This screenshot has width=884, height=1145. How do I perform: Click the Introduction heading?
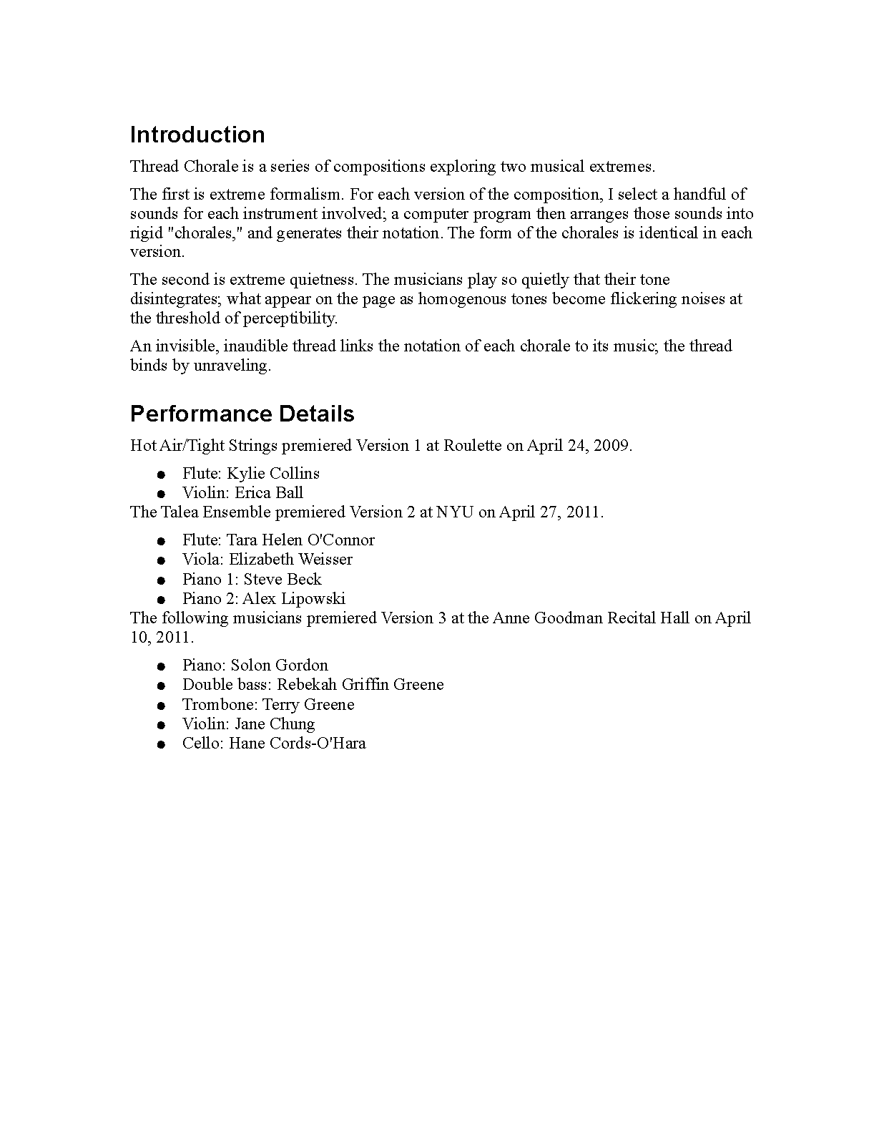(x=197, y=135)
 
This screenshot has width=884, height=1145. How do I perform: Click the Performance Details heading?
(x=242, y=414)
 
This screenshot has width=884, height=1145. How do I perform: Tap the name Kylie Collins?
(x=273, y=473)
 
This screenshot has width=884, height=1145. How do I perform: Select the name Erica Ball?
(x=269, y=492)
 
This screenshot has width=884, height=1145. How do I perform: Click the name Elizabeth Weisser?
(x=290, y=559)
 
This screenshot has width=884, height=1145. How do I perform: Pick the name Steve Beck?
(x=283, y=579)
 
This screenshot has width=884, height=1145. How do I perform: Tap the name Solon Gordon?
(x=279, y=665)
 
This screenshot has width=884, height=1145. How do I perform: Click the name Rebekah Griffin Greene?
(x=360, y=684)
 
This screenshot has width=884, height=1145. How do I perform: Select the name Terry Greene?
(x=309, y=704)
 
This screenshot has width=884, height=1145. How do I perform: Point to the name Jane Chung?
(x=275, y=723)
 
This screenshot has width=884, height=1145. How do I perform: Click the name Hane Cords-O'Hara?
(x=298, y=743)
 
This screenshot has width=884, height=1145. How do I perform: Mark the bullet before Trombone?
(x=162, y=705)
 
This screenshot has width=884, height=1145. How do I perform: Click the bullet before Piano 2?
(x=162, y=599)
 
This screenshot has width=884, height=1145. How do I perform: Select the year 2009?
(x=612, y=445)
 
